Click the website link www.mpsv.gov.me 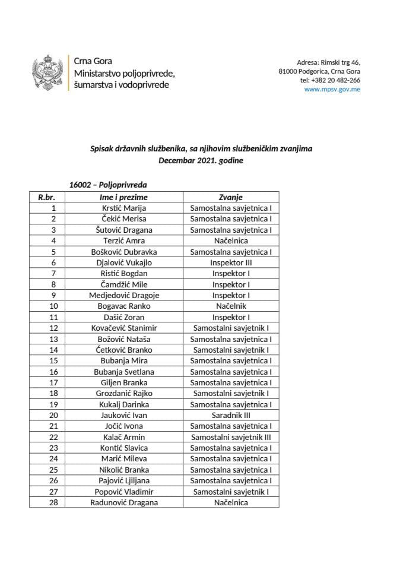[x=332, y=90]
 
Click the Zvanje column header [x=231, y=197]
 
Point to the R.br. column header [x=47, y=197]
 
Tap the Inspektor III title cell [x=231, y=262]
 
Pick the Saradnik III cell [x=231, y=416]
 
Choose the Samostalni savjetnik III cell [x=231, y=437]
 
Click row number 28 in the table [x=53, y=502]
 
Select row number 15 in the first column [x=53, y=360]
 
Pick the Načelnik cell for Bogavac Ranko [x=231, y=306]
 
